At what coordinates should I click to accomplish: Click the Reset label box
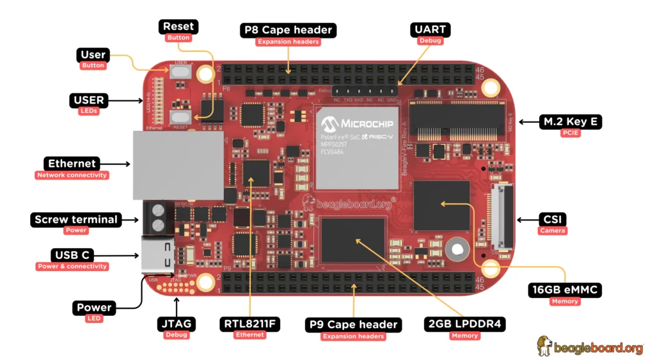pos(178,27)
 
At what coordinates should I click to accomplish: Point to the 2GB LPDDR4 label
pos(465,324)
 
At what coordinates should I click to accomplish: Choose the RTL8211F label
pos(249,324)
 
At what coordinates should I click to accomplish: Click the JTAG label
pos(177,324)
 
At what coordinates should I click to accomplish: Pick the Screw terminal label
pos(76,219)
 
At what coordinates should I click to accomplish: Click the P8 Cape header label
pos(288,30)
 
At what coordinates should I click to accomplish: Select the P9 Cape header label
pos(353,325)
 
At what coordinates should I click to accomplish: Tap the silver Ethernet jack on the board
pos(178,166)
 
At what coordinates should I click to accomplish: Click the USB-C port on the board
pos(157,254)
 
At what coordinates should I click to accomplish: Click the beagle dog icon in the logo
pos(545,346)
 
